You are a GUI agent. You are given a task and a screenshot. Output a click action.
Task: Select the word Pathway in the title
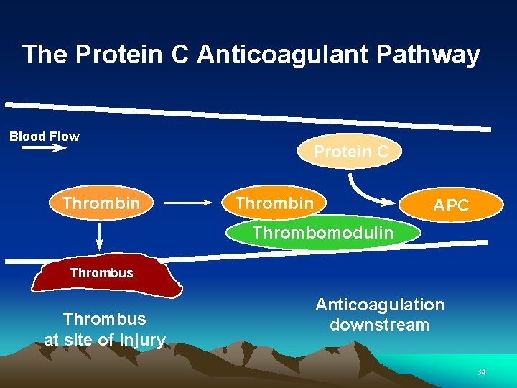point(434,55)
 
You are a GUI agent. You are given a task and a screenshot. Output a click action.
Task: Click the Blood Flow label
point(45,137)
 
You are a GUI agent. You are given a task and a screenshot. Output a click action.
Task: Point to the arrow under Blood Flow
point(44,149)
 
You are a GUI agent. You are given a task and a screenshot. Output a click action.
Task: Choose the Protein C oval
point(350,152)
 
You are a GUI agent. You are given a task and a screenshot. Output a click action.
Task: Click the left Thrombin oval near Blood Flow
point(101,203)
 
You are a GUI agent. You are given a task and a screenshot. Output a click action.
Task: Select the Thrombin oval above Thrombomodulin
point(275,203)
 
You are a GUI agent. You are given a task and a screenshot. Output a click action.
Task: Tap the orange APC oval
point(451,205)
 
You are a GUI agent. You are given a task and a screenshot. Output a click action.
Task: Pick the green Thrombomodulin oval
point(322,233)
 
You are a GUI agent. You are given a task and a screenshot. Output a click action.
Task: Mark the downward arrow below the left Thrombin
point(100,238)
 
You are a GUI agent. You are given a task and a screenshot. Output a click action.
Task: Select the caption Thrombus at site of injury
point(105,329)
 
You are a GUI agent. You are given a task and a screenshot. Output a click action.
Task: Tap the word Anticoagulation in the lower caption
point(380,305)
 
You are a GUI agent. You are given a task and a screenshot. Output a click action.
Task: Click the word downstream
point(380,325)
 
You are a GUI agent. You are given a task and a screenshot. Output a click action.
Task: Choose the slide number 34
point(481,371)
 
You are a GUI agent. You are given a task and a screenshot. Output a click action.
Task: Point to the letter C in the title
point(185,55)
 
